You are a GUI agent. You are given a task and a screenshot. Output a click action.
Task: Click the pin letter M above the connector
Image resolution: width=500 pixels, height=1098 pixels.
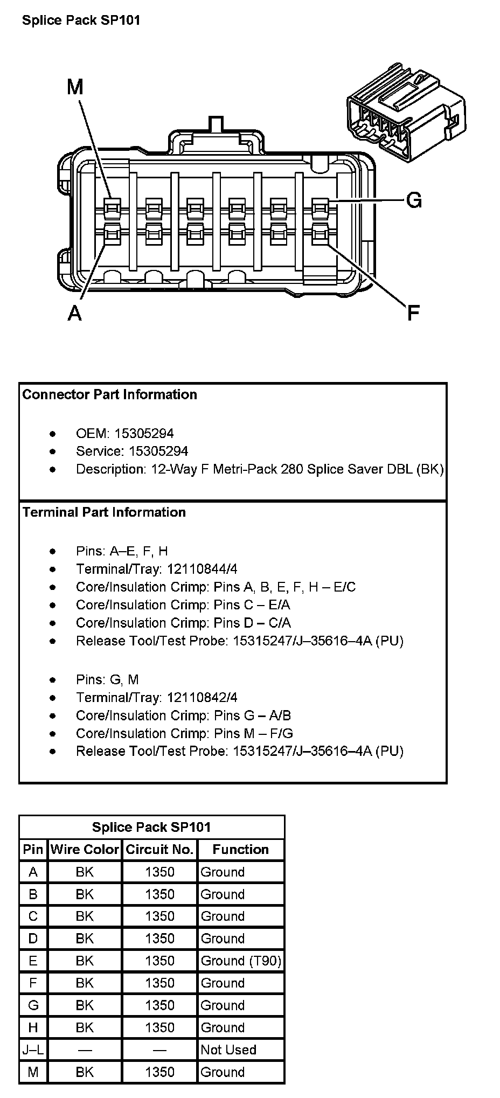75,86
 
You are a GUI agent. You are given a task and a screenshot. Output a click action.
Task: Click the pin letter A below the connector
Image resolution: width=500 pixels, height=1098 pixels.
75,312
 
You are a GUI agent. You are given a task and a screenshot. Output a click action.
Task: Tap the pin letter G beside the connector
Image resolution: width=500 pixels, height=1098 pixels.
413,200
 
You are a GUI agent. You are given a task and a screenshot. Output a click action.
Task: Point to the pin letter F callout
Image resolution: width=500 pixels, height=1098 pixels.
413,312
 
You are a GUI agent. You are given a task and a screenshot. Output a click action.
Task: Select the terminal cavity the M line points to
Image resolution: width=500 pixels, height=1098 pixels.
112,206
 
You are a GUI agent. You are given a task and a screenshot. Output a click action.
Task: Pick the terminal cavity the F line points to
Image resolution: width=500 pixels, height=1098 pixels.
321,234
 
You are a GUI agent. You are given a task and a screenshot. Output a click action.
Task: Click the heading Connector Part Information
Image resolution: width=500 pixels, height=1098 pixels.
110,394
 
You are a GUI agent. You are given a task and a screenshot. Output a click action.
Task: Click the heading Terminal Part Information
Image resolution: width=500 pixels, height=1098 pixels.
104,512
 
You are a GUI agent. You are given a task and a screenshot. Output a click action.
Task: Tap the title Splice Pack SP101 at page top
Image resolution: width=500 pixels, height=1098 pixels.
81,20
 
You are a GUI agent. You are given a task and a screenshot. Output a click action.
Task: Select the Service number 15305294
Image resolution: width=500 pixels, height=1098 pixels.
151,451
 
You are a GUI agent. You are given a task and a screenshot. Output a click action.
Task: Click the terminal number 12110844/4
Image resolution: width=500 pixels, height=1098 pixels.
202,569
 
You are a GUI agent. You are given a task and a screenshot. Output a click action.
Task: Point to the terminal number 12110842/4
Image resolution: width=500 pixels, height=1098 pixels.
202,698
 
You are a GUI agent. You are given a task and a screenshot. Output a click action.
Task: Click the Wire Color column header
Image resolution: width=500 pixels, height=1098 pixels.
85,850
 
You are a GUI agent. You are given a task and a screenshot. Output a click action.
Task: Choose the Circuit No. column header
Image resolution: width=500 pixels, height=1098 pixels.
159,850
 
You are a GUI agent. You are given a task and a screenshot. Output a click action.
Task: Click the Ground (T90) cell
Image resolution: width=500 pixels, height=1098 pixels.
240,961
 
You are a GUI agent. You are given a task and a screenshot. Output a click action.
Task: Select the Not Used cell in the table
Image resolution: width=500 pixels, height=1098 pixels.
228,1050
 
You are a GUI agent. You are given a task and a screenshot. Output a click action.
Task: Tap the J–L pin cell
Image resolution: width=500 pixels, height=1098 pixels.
33,1050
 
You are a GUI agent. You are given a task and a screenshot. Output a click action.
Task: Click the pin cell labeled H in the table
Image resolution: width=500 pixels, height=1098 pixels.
33,1027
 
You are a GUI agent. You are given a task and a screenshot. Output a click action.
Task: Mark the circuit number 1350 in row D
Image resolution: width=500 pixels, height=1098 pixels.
159,939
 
